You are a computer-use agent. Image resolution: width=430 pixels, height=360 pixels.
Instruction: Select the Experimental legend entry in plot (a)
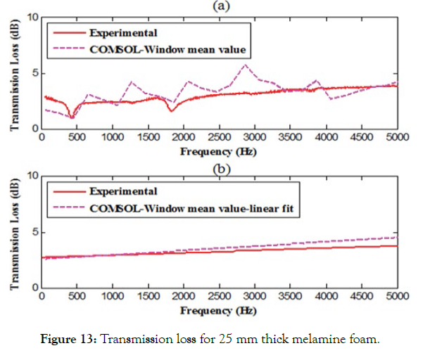tap(122, 32)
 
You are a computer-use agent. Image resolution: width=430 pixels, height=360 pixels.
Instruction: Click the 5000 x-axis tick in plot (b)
tap(396, 298)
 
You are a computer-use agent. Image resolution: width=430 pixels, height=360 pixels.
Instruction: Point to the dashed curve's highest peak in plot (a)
tap(245, 65)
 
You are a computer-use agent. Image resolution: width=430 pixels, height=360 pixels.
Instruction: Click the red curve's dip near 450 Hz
tap(72, 117)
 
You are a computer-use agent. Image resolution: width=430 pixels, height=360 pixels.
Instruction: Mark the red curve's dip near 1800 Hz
tap(171, 110)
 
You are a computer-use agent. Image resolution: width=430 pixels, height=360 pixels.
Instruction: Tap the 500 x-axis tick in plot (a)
tap(77, 139)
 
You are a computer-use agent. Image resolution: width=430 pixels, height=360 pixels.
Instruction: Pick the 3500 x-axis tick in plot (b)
tap(290, 298)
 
